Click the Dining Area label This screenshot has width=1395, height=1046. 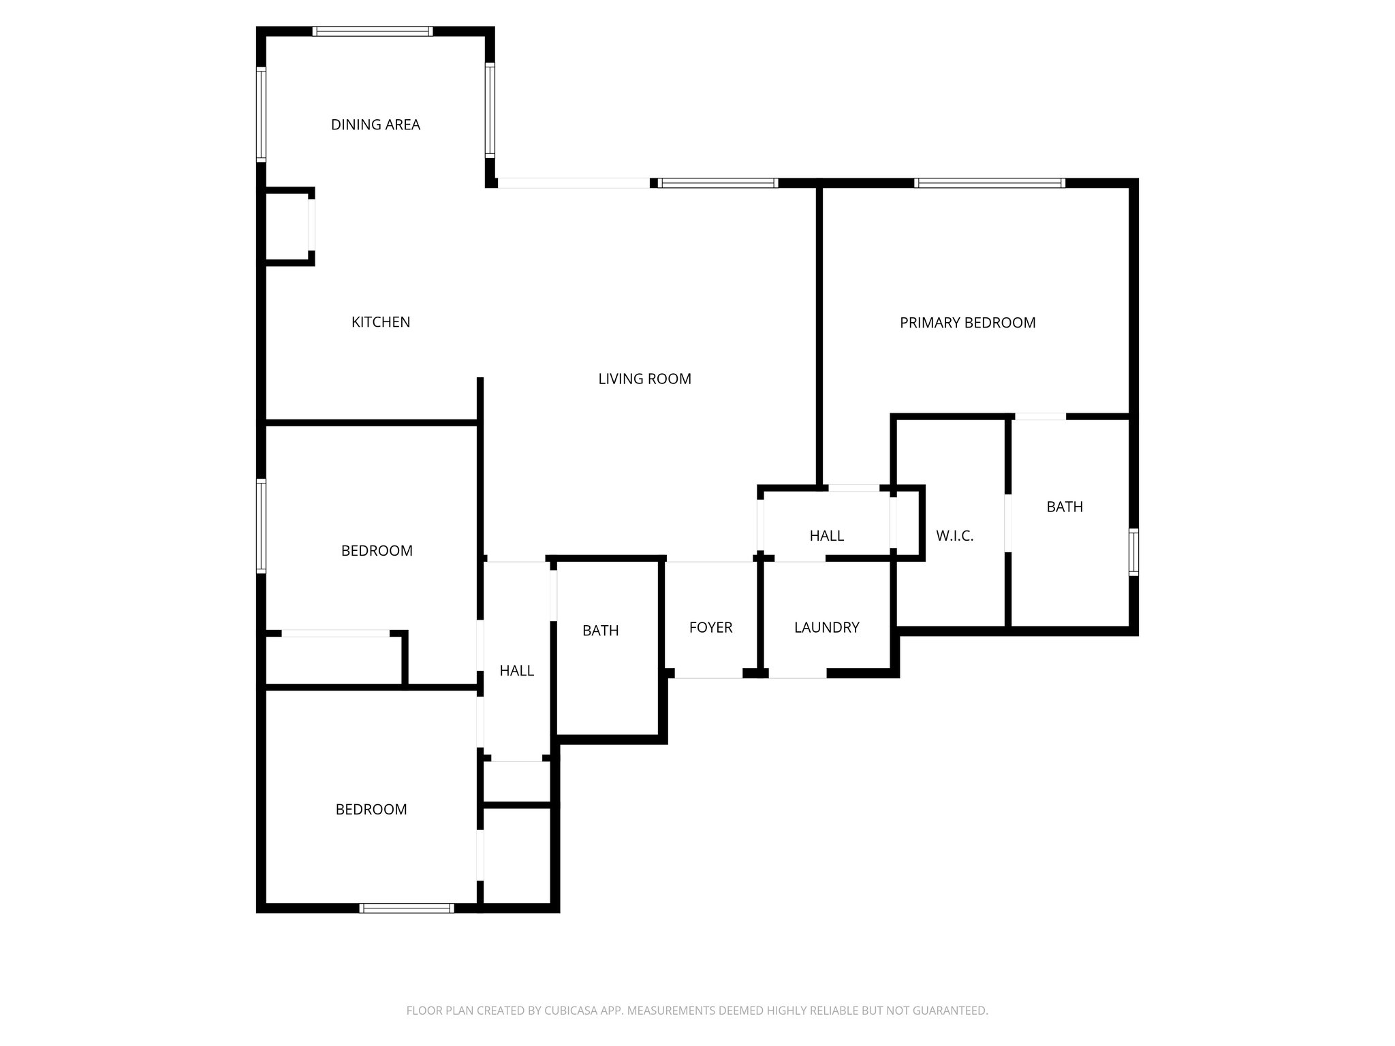coord(375,125)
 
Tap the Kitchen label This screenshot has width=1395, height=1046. coord(380,322)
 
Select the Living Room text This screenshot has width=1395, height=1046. coord(644,379)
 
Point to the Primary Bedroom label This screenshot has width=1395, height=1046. coord(967,323)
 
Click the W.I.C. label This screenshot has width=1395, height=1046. coord(954,536)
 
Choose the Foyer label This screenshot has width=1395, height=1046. coord(710,627)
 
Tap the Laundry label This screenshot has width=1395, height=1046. coord(826,627)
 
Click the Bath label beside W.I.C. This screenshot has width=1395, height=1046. coord(1064,507)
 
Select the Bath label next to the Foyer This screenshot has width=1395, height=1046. coord(600,631)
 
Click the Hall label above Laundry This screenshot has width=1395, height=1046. coord(826,536)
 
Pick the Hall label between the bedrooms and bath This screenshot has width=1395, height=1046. coord(516,671)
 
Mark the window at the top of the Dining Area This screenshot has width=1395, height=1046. coord(373,31)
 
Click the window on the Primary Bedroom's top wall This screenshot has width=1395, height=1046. coord(989,183)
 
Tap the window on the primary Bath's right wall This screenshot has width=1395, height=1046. coord(1133,552)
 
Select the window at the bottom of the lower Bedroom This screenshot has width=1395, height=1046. coord(407,908)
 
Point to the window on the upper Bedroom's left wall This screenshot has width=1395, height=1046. coord(261,525)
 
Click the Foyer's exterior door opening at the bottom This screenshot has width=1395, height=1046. coord(708,673)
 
